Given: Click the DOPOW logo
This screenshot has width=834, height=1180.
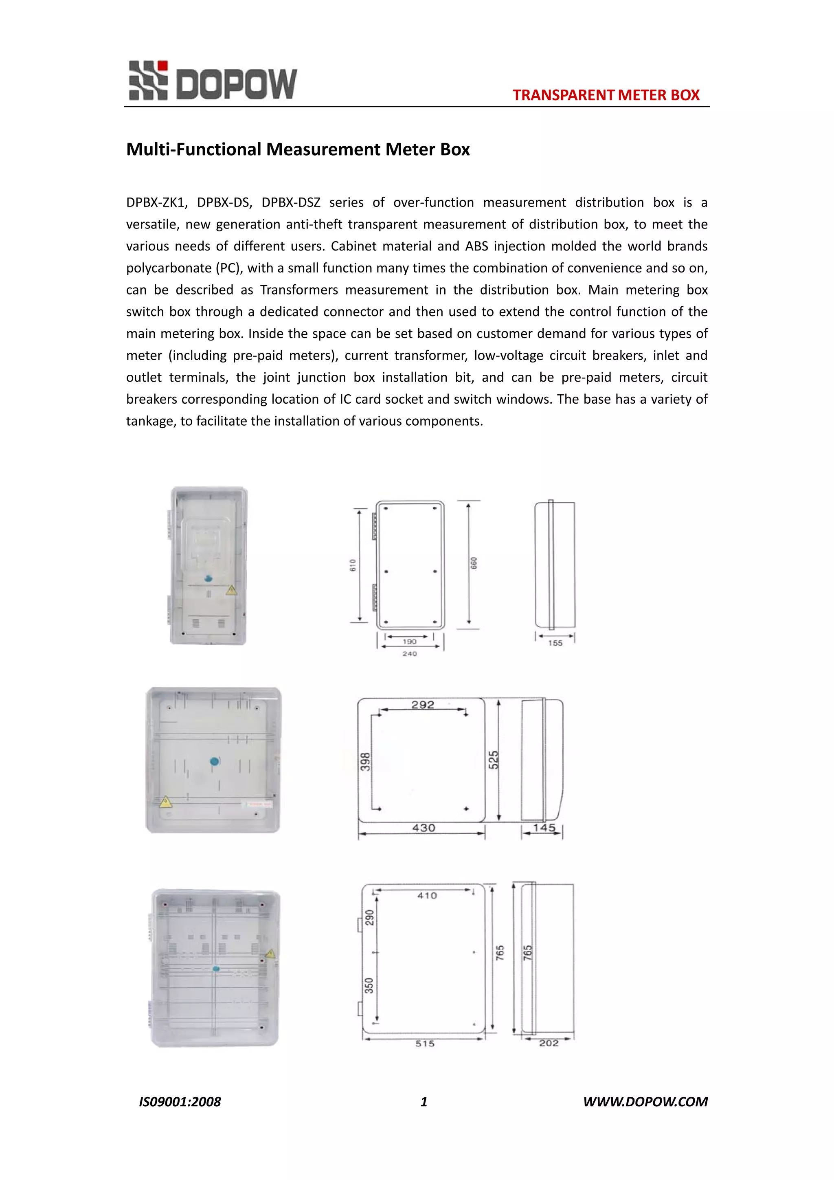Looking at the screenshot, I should click(x=213, y=81).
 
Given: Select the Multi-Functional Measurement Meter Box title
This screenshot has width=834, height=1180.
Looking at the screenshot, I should click(x=298, y=149).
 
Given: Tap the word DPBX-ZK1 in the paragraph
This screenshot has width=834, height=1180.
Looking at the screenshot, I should click(x=155, y=202).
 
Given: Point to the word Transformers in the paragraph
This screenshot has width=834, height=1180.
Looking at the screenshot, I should click(x=299, y=290).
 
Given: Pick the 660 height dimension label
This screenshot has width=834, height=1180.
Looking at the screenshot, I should click(x=474, y=563).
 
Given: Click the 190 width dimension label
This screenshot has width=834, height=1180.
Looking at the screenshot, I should click(x=410, y=642).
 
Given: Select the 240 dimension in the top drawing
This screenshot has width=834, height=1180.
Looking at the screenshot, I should click(x=410, y=654).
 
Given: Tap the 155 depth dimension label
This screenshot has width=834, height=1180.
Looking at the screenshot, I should click(x=555, y=643).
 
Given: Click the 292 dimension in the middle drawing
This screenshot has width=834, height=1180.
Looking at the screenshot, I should click(x=422, y=705).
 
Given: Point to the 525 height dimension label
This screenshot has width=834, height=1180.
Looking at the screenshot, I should click(x=493, y=760).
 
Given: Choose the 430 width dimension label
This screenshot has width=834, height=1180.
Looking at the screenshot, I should click(x=424, y=828).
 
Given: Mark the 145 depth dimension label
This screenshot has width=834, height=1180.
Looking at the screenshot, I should click(x=544, y=827).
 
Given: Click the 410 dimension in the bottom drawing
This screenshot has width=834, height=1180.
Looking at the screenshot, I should click(x=427, y=896).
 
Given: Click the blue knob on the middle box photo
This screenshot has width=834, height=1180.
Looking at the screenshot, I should click(x=215, y=761).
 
